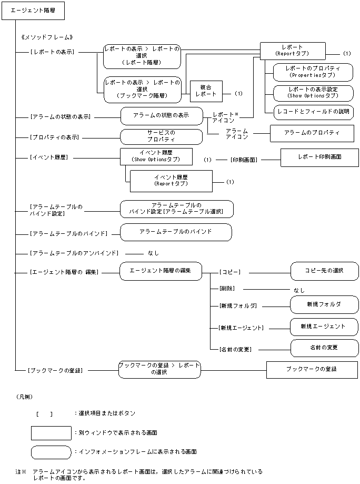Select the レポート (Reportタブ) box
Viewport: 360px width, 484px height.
click(292, 51)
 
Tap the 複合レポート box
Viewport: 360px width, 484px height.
click(206, 90)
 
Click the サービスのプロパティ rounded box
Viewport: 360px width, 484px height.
click(161, 136)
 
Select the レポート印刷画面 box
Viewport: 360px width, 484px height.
click(319, 157)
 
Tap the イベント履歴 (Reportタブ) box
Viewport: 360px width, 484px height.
click(171, 181)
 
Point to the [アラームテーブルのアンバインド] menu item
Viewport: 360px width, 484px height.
click(74, 253)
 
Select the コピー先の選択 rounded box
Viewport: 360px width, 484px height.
click(324, 271)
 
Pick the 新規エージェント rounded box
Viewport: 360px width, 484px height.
click(324, 327)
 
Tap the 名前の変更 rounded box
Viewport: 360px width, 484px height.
click(324, 348)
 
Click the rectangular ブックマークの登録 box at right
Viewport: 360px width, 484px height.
click(311, 369)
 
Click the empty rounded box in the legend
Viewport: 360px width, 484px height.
click(51, 452)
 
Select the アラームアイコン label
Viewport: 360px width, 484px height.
click(236, 133)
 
